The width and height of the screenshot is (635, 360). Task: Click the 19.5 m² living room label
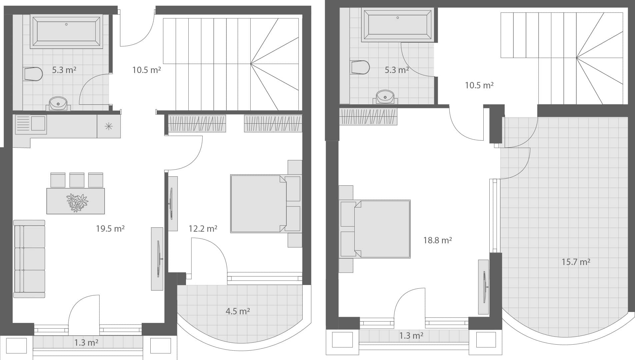pyautogui.click(x=110, y=229)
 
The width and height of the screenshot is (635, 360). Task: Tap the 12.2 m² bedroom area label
pyautogui.click(x=203, y=229)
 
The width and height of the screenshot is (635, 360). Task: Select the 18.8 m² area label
pyautogui.click(x=438, y=240)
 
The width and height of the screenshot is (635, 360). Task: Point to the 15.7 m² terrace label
pyautogui.click(x=576, y=262)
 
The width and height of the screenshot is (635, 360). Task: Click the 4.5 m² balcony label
pyautogui.click(x=238, y=311)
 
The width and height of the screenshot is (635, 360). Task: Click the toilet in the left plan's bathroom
pyautogui.click(x=33, y=74)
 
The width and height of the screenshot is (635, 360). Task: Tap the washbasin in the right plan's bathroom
pyautogui.click(x=385, y=97)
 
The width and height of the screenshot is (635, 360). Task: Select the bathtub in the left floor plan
pyautogui.click(x=66, y=31)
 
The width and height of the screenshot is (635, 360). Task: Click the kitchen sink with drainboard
pyautogui.click(x=31, y=124)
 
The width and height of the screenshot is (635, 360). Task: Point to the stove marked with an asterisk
pyautogui.click(x=109, y=126)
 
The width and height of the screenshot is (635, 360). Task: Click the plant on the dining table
pyautogui.click(x=77, y=203)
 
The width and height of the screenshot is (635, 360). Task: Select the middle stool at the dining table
pyautogui.click(x=77, y=180)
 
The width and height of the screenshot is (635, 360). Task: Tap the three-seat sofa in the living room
pyautogui.click(x=29, y=259)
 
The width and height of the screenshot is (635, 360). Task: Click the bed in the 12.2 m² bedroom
pyautogui.click(x=266, y=204)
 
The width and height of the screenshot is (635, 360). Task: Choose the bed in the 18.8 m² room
pyautogui.click(x=375, y=229)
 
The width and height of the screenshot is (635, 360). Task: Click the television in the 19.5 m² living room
pyautogui.click(x=159, y=259)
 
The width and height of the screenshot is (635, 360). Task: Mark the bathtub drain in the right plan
pyautogui.click(x=398, y=18)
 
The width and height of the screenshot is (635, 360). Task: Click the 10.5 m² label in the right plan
pyautogui.click(x=479, y=86)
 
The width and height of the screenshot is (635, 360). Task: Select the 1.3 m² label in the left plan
pyautogui.click(x=86, y=343)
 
